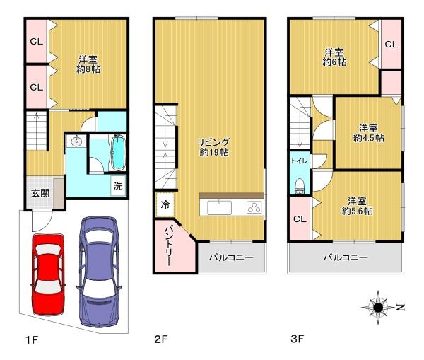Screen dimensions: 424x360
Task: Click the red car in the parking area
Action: pyautogui.click(x=48, y=274)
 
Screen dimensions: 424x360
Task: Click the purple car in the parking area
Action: pyautogui.click(x=99, y=271)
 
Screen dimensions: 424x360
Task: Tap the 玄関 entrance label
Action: pyautogui.click(x=40, y=193)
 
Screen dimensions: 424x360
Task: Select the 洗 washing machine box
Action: pyautogui.click(x=118, y=186)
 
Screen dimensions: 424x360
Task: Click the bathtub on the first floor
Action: pyautogui.click(x=119, y=152)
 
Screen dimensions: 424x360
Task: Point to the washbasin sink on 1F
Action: pyautogui.click(x=77, y=141)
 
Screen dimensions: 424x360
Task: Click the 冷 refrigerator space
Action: pyautogui.click(x=165, y=204)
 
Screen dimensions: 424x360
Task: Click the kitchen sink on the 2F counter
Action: pyautogui.click(x=219, y=208)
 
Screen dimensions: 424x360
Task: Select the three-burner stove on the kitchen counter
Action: pyautogui.click(x=254, y=208)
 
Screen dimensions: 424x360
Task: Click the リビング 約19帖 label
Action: pyautogui.click(x=214, y=147)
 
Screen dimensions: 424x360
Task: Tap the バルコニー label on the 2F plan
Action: pyautogui.click(x=231, y=257)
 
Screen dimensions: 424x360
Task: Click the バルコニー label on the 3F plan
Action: pyautogui.click(x=346, y=257)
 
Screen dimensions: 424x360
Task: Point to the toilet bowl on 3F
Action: pyautogui.click(x=300, y=186)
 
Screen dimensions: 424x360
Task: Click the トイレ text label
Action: pyautogui.click(x=300, y=161)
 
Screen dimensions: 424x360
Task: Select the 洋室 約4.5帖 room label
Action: pyautogui.click(x=369, y=133)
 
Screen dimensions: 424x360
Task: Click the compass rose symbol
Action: pyautogui.click(x=378, y=308)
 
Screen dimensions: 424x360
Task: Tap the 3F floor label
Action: pyautogui.click(x=298, y=339)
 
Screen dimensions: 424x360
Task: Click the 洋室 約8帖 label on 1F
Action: pyautogui.click(x=88, y=64)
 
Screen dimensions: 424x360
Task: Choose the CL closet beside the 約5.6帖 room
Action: pyautogui.click(x=300, y=219)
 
